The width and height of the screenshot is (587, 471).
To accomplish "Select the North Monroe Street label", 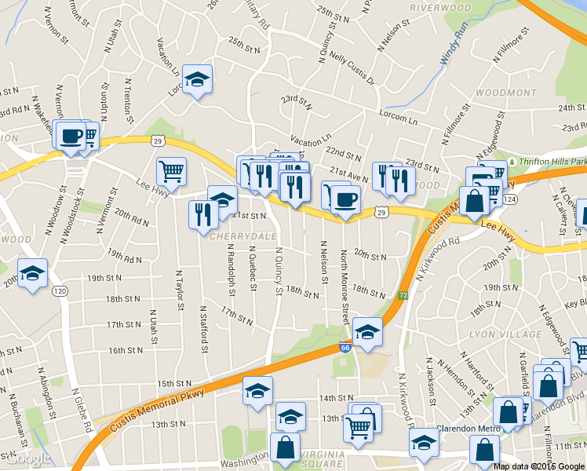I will point(344,287).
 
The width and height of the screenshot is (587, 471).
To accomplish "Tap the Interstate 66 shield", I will point(345,346).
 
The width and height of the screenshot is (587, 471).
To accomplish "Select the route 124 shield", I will point(510,200).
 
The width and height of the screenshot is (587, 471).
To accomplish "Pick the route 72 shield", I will point(402,294).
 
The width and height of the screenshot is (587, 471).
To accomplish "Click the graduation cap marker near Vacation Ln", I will point(198,80).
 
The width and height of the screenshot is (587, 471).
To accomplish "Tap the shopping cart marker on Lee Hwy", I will point(171,170).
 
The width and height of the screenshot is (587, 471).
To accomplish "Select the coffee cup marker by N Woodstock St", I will point(71,135).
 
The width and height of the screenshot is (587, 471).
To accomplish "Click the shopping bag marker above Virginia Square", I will point(285,449).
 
